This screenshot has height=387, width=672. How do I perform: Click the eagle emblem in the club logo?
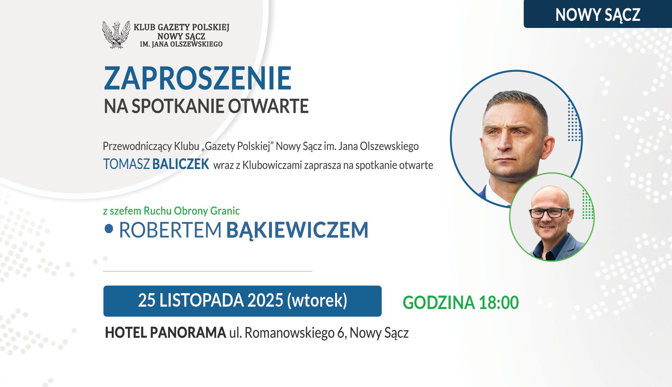pyautogui.click(x=116, y=35)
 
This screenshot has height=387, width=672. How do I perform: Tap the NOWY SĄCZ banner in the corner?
pyautogui.click(x=598, y=14)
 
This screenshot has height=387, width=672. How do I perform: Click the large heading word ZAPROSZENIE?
pyautogui.click(x=198, y=78)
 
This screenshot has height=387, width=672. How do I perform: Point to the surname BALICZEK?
pyautogui.click(x=181, y=164)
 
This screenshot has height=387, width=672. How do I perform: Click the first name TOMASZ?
pyautogui.click(x=127, y=164)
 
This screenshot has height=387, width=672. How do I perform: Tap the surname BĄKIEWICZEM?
pyautogui.click(x=297, y=230)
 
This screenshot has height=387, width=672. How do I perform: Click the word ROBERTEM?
pyautogui.click(x=170, y=230)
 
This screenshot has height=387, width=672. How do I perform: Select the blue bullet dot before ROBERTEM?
pyautogui.click(x=109, y=229)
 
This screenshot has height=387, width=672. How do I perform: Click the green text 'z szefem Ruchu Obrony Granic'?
pyautogui.click(x=171, y=211)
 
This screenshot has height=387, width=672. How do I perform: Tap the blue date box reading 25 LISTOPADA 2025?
pyautogui.click(x=242, y=301)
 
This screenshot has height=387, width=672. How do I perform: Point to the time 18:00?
pyautogui.click(x=499, y=303)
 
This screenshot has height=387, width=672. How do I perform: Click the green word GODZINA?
pyautogui.click(x=439, y=303)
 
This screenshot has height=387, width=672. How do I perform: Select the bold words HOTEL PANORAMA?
pyautogui.click(x=166, y=333)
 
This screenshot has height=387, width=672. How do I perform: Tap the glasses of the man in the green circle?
pyautogui.click(x=550, y=212)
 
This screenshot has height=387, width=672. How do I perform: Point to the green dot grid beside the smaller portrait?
pyautogui.click(x=588, y=205)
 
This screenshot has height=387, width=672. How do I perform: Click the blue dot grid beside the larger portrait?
pyautogui.click(x=574, y=121)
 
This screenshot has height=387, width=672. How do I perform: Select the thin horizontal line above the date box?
pyautogui.click(x=207, y=271)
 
